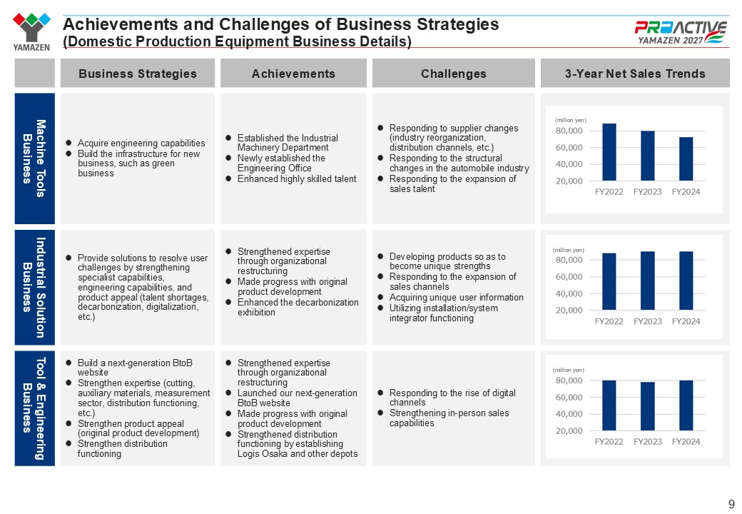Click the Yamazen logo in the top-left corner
tap(31, 31)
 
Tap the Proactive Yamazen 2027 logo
tap(681, 32)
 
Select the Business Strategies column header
tap(138, 74)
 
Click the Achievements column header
tap(293, 74)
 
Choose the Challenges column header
tap(453, 74)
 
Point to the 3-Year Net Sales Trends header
tap(635, 74)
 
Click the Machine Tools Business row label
tap(34, 158)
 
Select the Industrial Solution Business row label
tap(34, 287)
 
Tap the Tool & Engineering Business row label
tap(34, 408)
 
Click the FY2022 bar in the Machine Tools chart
tap(609, 152)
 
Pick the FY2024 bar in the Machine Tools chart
tap(686, 159)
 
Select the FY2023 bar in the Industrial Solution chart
tap(647, 281)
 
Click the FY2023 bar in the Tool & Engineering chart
tap(647, 406)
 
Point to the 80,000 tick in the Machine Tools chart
tap(569, 131)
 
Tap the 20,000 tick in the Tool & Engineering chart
tap(569, 430)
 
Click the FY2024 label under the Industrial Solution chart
tap(686, 321)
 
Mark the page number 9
tap(731, 504)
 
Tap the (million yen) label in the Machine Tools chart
tap(570, 120)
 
